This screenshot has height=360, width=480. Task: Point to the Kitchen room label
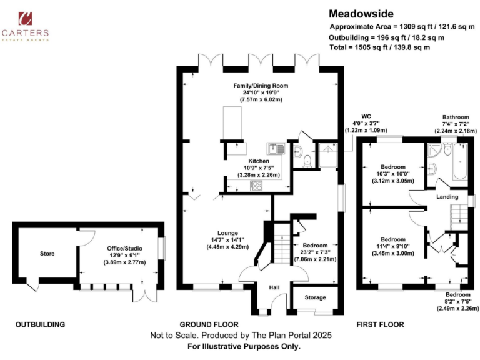click(x=259, y=161)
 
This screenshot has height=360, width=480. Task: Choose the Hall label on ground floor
click(x=274, y=287)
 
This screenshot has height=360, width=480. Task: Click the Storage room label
click(x=316, y=298)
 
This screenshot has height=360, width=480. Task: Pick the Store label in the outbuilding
click(x=47, y=254)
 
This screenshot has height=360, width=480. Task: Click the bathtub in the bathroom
click(x=461, y=160)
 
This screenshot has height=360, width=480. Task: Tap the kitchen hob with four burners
click(x=256, y=185)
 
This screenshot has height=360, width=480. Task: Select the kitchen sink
click(x=276, y=148)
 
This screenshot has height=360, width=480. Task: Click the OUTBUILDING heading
click(x=41, y=325)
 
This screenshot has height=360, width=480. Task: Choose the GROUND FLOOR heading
click(x=209, y=325)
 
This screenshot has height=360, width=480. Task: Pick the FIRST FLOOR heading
click(x=380, y=325)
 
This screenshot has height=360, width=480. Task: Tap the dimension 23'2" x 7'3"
click(x=316, y=252)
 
